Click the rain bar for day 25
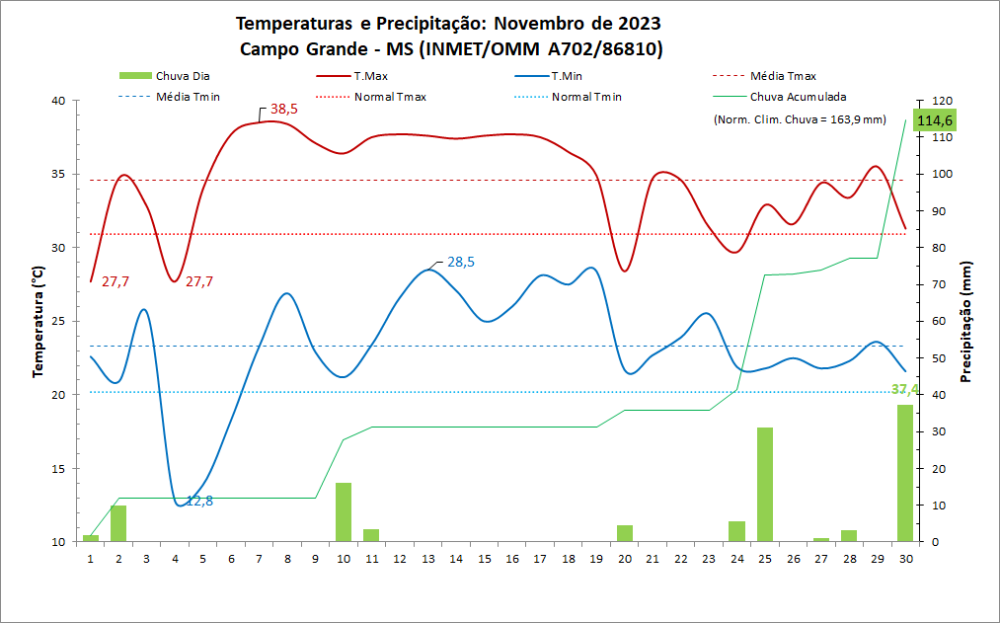765,484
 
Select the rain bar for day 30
904,473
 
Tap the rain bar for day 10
344,511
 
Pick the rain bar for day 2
118,523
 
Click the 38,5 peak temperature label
283,110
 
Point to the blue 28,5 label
461,263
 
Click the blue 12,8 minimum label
199,501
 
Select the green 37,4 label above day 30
905,390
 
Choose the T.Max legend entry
370,76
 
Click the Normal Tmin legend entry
586,97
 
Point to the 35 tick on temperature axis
57,174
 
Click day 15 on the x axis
485,558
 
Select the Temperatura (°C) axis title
38,321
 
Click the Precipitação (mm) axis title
967,321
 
